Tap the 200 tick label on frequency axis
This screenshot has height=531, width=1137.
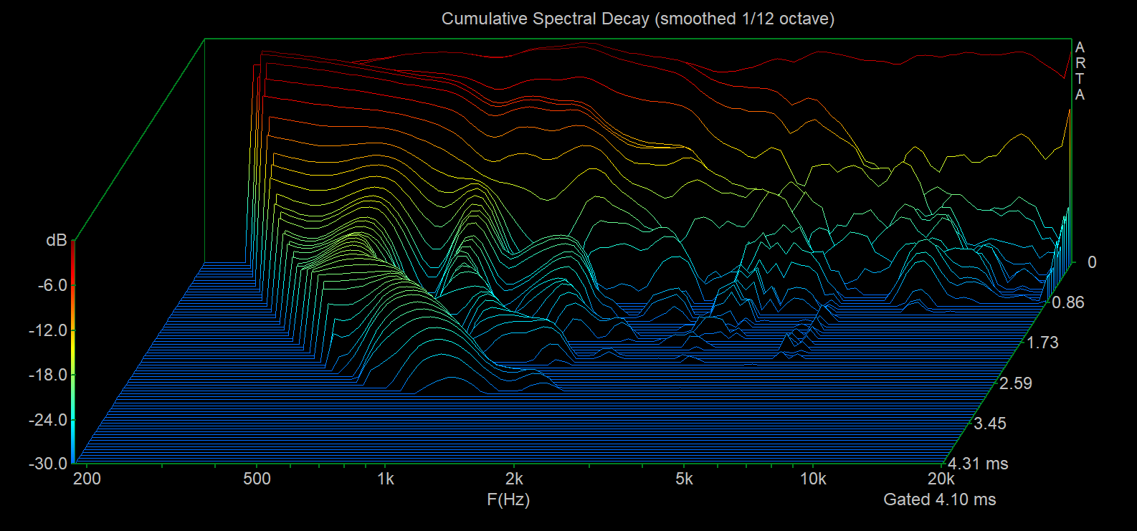point(87,479)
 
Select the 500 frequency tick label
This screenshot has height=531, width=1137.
point(257,479)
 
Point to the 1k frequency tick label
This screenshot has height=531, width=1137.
point(386,479)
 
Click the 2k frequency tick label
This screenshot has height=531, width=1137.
point(514,479)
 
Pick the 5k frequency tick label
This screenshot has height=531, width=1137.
point(684,479)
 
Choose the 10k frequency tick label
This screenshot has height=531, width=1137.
point(813,479)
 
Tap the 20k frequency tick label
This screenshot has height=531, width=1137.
point(941,479)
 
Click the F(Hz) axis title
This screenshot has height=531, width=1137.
point(508,499)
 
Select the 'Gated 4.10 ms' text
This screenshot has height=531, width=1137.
point(939,499)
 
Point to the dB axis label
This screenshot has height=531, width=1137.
point(57,240)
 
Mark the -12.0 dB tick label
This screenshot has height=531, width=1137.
point(48,330)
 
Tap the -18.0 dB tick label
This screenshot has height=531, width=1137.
point(48,375)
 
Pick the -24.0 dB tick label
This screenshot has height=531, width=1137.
point(48,420)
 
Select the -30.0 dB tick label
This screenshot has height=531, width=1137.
point(48,464)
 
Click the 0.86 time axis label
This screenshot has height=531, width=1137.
point(1068,302)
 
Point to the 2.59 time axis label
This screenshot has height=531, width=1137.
point(1016,383)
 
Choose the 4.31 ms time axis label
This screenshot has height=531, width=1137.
point(978,464)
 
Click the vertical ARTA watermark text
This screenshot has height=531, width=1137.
point(1080,71)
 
